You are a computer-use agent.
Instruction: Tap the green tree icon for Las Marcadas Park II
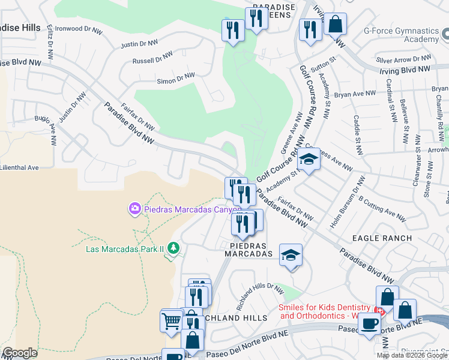pyautogui.click(x=173, y=248)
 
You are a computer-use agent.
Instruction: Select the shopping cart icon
pyautogui.click(x=171, y=321)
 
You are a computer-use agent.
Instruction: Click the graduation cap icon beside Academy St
pyautogui.click(x=309, y=160)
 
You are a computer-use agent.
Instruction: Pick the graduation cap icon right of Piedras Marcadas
pyautogui.click(x=291, y=255)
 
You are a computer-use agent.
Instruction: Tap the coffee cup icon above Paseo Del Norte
pyautogui.click(x=369, y=324)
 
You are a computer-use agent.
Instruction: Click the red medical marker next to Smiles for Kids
pyautogui.click(x=379, y=310)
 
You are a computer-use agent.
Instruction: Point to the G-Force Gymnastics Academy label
pyautogui.click(x=409, y=34)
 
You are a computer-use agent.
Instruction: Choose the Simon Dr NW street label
pyautogui.click(x=175, y=78)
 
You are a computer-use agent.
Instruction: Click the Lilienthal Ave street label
pyautogui.click(x=19, y=167)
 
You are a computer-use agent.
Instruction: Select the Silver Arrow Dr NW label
pyautogui.click(x=403, y=59)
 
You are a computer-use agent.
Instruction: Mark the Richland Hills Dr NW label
pyautogui.click(x=259, y=296)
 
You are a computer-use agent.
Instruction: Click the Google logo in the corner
pyautogui.click(x=20, y=353)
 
